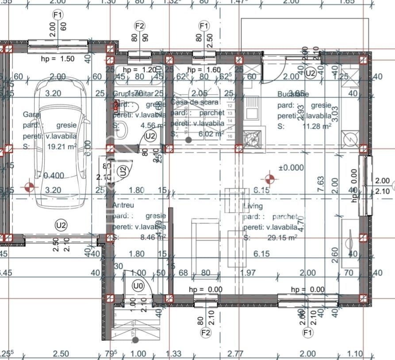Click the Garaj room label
[32, 115]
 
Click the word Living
[253, 206]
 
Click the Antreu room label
[123, 206]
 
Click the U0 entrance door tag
[138, 286]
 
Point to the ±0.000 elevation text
[291, 168]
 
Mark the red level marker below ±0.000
[269, 179]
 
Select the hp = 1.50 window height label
[58, 58]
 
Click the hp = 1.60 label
[204, 70]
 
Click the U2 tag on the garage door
[61, 225]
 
